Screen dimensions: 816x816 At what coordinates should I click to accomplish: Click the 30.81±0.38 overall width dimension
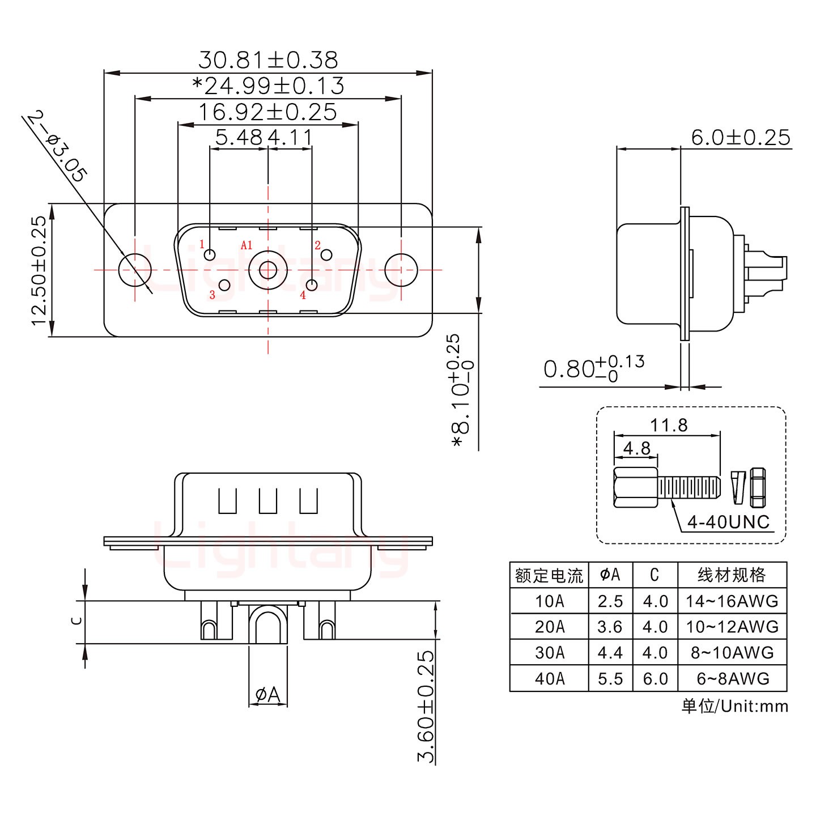pos(267,59)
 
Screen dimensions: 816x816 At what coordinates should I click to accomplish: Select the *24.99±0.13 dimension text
pos(267,86)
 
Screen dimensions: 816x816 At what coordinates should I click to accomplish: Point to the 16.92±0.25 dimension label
pos(267,112)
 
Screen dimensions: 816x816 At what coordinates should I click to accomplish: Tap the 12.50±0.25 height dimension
pos(39,270)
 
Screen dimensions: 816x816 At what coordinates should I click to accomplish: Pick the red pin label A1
pos(246,245)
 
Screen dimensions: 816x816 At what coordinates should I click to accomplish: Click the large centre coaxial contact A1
pos(268,270)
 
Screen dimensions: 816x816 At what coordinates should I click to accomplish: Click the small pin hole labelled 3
pos(224,285)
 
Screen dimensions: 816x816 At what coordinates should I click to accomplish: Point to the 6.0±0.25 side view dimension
pos(740,138)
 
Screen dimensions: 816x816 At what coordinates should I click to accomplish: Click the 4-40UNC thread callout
pos(728,522)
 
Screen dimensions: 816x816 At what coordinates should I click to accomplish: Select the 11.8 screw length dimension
pos(669,425)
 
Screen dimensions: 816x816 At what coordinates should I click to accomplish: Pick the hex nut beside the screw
pos(758,487)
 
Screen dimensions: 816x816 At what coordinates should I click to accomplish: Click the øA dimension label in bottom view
pos(268,694)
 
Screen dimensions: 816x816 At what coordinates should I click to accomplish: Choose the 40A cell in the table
pos(549,678)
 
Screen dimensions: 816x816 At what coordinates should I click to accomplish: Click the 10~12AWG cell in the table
pos(732,627)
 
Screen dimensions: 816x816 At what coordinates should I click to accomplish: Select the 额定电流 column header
pos(549,576)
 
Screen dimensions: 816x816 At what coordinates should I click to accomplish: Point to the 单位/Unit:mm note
pos(734,706)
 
